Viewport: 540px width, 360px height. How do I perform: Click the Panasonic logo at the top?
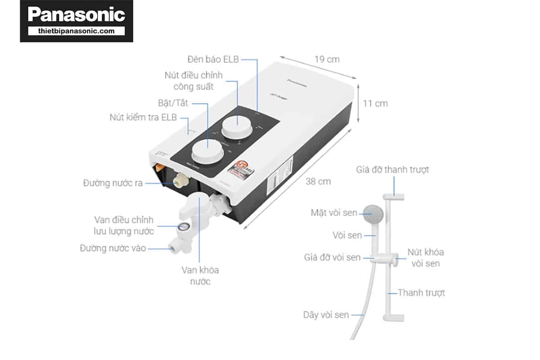click(x=76, y=14)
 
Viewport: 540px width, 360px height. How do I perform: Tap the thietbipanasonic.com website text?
click(x=76, y=31)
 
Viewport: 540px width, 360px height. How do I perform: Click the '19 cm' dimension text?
click(x=327, y=59)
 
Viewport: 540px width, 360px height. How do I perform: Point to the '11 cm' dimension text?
click(x=375, y=103)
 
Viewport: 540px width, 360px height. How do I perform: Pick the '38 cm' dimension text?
click(x=318, y=181)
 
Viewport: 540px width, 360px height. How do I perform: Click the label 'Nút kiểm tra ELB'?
click(x=143, y=117)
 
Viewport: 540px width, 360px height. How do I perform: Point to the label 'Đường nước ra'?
click(x=113, y=183)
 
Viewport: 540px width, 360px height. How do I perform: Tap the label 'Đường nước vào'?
click(x=113, y=248)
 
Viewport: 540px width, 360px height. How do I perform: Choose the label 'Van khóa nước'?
click(x=200, y=276)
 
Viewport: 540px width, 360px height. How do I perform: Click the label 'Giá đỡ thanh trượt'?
click(x=392, y=170)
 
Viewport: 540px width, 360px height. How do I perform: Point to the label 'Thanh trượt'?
click(x=421, y=292)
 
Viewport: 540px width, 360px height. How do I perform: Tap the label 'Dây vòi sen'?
click(x=326, y=315)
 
